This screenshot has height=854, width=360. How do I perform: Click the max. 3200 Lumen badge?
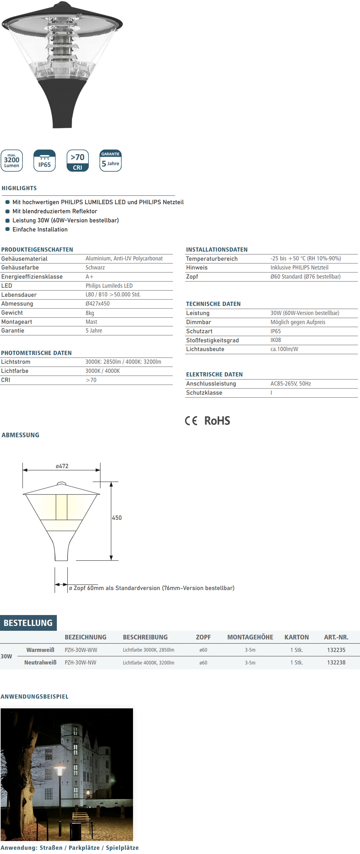pyautogui.click(x=12, y=161)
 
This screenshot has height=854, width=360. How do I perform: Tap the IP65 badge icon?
pyautogui.click(x=45, y=161)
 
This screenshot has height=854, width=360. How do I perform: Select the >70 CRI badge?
pyautogui.click(x=78, y=161)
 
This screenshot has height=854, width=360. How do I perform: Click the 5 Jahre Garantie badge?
pyautogui.click(x=110, y=161)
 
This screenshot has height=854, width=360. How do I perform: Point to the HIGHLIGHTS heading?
pyautogui.click(x=19, y=188)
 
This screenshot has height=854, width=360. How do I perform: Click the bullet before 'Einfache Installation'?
pyautogui.click(x=7, y=229)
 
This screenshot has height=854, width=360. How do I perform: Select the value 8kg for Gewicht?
pyautogui.click(x=90, y=313)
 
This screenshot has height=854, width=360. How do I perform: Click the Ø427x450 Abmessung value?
pyautogui.click(x=98, y=304)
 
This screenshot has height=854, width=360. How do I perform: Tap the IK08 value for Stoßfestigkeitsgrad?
pyautogui.click(x=275, y=340)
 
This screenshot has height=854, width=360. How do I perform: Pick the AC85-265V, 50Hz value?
pyautogui.click(x=290, y=384)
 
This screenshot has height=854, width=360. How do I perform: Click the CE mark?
pyautogui.click(x=191, y=421)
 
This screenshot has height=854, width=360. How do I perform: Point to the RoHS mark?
pyautogui.click(x=217, y=421)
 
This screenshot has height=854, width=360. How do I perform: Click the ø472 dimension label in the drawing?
pyautogui.click(x=62, y=466)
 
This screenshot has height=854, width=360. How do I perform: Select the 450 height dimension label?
pyautogui.click(x=117, y=518)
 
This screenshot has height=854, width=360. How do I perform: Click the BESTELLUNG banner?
pyautogui.click(x=28, y=623)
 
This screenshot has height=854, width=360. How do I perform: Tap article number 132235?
pyautogui.click(x=336, y=650)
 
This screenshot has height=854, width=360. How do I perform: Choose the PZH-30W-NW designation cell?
pyautogui.click(x=81, y=663)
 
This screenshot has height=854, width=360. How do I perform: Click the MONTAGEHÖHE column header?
pyautogui.click(x=250, y=637)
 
